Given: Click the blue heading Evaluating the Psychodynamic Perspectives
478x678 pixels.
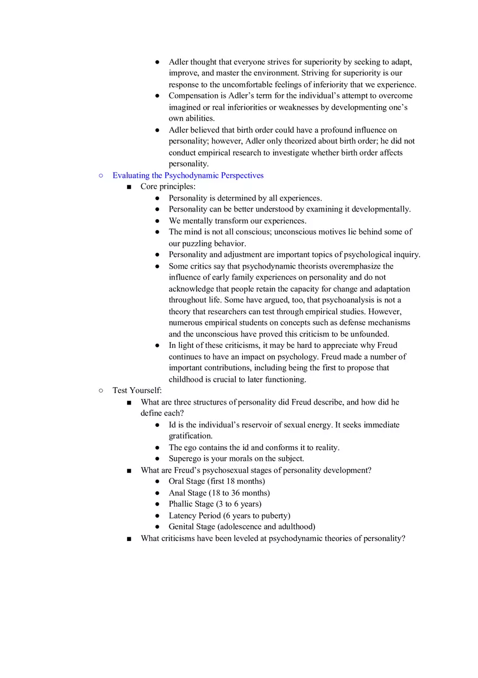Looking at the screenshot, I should click(x=188, y=176).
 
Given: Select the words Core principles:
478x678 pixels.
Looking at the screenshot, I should click(x=168, y=186).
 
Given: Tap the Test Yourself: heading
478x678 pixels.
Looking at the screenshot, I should click(x=137, y=390).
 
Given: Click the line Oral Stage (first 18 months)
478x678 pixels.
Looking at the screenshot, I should click(x=217, y=481).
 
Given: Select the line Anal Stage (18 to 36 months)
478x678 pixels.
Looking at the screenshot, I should click(x=219, y=493).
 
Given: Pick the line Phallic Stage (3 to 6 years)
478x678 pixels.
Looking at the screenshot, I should click(x=215, y=504).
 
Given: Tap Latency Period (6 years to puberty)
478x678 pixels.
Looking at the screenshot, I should click(x=229, y=515).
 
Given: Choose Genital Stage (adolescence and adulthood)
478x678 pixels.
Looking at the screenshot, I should click(x=242, y=527).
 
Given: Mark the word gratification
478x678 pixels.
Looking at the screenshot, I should click(x=190, y=436).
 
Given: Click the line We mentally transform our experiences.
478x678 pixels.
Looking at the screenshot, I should click(x=237, y=221).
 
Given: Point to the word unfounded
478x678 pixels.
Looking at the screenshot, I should click(x=370, y=334).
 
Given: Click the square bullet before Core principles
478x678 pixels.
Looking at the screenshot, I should click(x=129, y=187).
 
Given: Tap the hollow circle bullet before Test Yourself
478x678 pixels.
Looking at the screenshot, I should click(x=100, y=390).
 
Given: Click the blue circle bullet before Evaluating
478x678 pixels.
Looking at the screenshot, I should click(x=100, y=176).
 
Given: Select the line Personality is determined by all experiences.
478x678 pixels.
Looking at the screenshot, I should click(x=245, y=198).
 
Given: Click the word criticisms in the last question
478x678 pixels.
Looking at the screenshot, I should click(x=179, y=539).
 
